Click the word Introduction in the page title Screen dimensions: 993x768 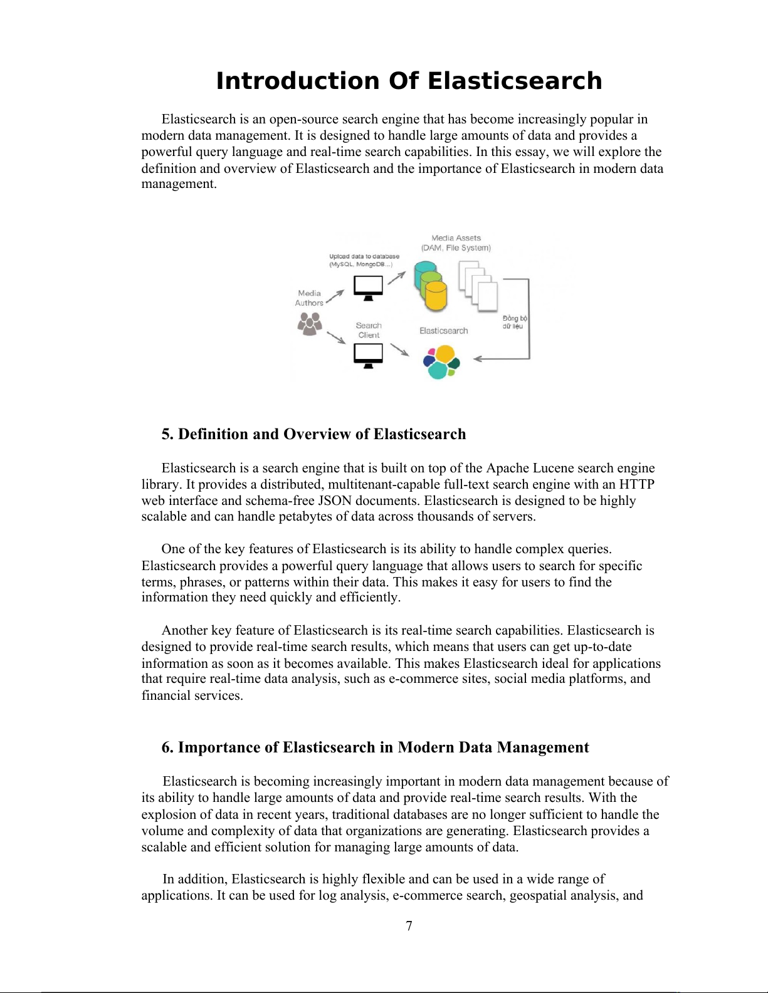coord(298,81)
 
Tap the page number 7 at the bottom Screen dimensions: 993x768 coord(409,926)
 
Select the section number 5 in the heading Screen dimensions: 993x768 coord(166,434)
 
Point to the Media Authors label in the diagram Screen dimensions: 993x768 coord(309,298)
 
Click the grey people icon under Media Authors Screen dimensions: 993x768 coord(309,323)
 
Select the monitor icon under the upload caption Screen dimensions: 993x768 coord(368,288)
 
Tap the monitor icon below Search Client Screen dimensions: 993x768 coord(368,356)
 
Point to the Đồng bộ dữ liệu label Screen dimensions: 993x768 coord(514,322)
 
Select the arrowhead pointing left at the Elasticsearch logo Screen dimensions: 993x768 coord(476,359)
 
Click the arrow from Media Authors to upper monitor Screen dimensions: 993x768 coord(335,296)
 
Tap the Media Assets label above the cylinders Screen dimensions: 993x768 coord(456,242)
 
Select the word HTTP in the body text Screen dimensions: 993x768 coord(636,484)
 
